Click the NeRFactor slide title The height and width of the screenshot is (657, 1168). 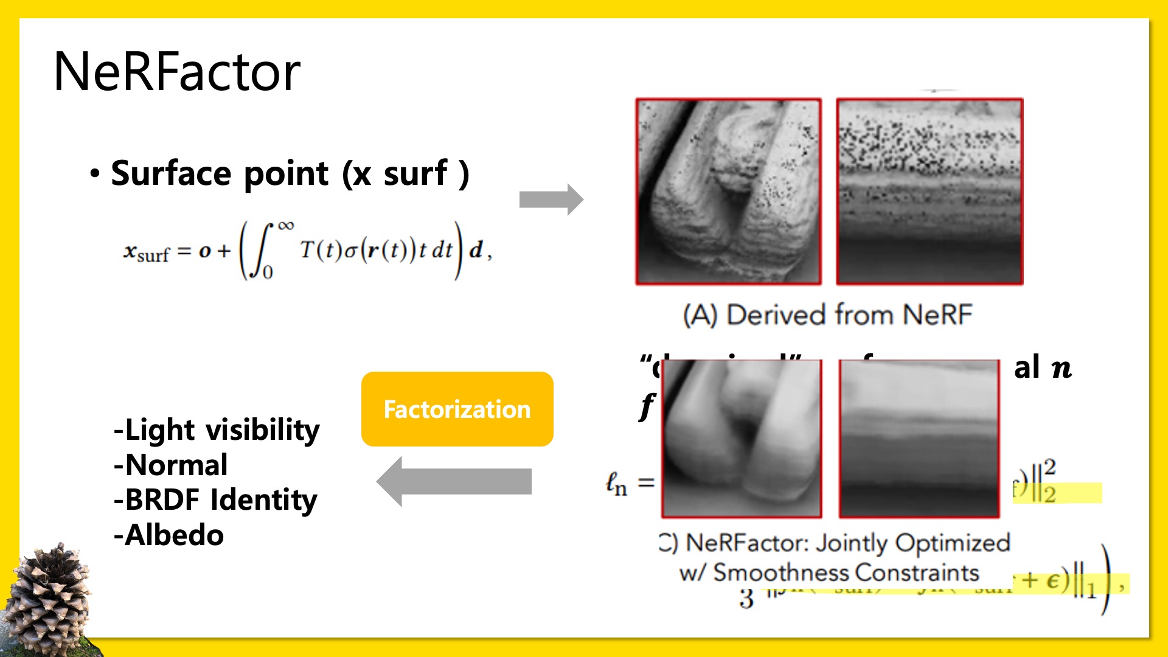177,72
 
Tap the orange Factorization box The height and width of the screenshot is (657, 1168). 457,409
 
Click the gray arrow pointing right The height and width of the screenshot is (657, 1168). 551,199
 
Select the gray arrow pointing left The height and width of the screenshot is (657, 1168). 454,481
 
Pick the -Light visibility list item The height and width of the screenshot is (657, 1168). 217,430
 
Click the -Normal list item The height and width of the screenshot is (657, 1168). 171,465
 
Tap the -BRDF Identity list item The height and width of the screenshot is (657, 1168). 215,500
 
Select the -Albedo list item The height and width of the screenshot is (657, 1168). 169,535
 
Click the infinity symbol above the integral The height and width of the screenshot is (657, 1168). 286,226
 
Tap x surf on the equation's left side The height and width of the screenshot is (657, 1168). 146,252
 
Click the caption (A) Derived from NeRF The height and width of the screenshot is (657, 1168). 827,315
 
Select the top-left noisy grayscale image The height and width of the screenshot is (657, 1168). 729,192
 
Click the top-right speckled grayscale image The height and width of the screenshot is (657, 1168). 930,192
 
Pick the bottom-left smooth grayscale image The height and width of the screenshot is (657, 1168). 742,439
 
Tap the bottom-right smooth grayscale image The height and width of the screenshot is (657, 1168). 919,439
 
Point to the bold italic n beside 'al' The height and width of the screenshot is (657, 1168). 1062,369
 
